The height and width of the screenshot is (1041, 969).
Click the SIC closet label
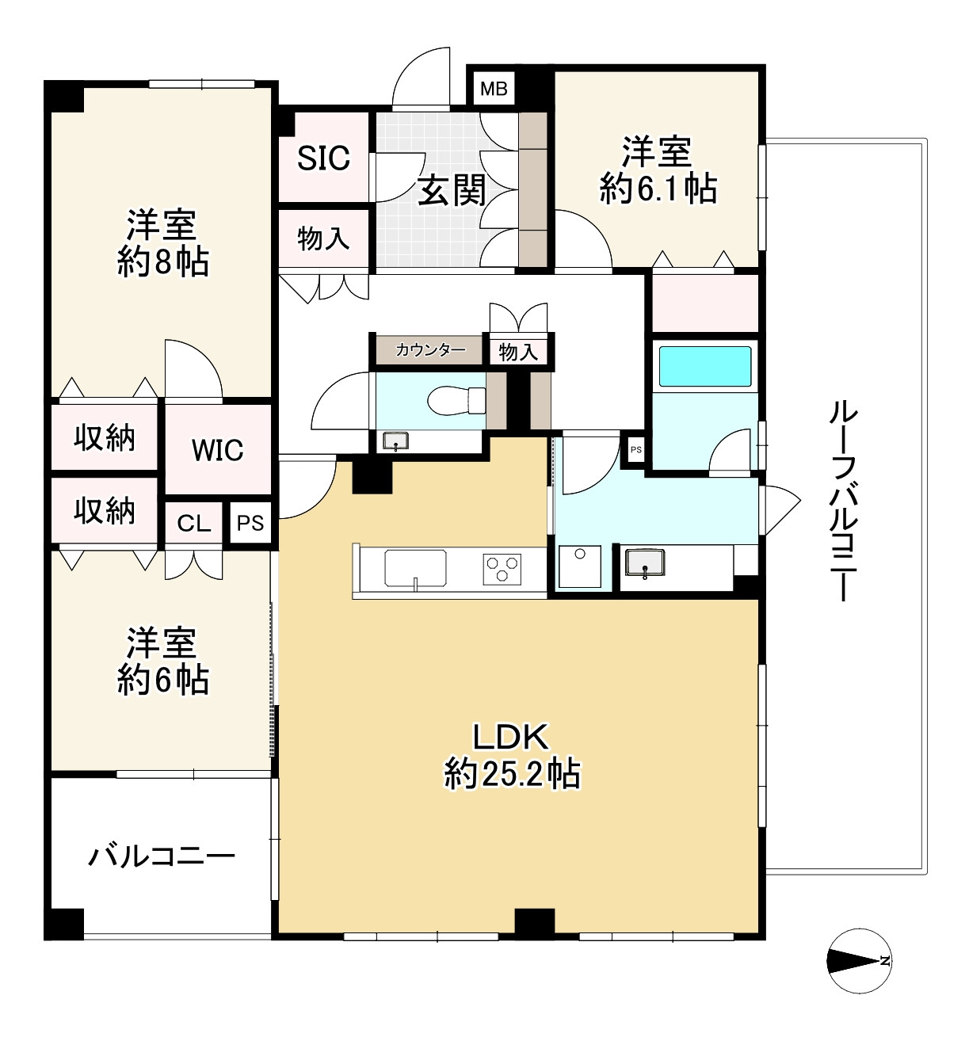coord(323,158)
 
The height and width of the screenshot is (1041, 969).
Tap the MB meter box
coord(494,88)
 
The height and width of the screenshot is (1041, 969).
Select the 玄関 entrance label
coord(452,190)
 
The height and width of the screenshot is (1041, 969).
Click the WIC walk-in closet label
coord(218,450)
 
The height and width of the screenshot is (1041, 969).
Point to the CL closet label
coord(194,524)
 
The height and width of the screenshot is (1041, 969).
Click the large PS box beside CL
coord(250,524)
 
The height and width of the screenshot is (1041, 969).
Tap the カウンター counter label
coord(429,349)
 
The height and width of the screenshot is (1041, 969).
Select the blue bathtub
coord(705,366)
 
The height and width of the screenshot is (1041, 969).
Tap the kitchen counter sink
coord(415,568)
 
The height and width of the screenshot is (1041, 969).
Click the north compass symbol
coord(859,961)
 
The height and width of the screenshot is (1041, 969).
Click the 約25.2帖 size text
coord(512,773)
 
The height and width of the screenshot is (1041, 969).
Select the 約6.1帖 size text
coord(658,189)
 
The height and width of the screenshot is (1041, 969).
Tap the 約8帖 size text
coord(162,262)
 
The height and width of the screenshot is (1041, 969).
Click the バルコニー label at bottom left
coord(162,856)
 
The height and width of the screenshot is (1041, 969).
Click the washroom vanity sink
coord(645,563)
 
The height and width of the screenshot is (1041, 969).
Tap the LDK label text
coord(510,738)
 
